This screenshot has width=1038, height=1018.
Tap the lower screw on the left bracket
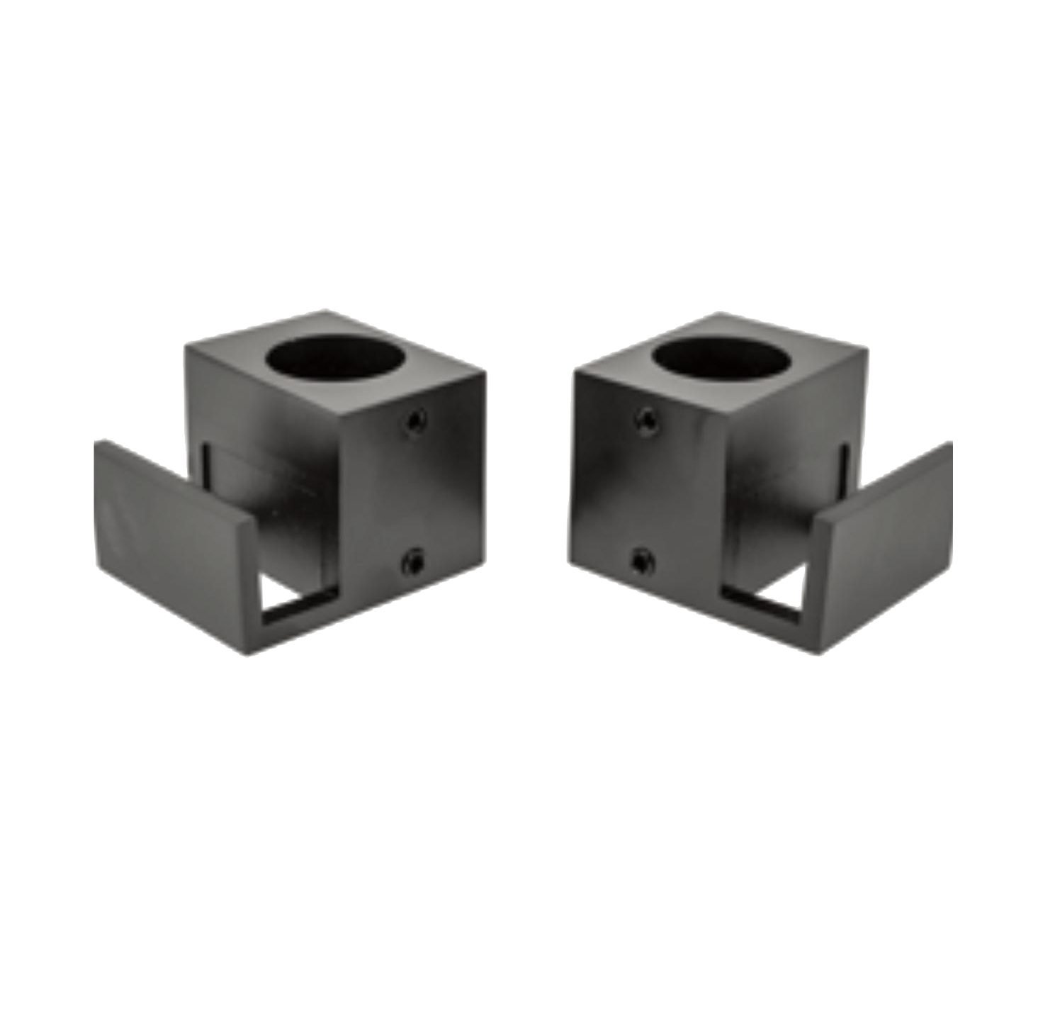coord(412,562)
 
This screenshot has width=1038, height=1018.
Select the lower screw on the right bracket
coord(642,562)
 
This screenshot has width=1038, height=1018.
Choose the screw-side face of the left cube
coord(411,496)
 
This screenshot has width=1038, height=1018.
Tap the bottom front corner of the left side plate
coord(248,654)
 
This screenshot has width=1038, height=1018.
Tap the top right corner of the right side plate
coord(952,442)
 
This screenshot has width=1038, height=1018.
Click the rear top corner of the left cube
coord(326,310)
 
